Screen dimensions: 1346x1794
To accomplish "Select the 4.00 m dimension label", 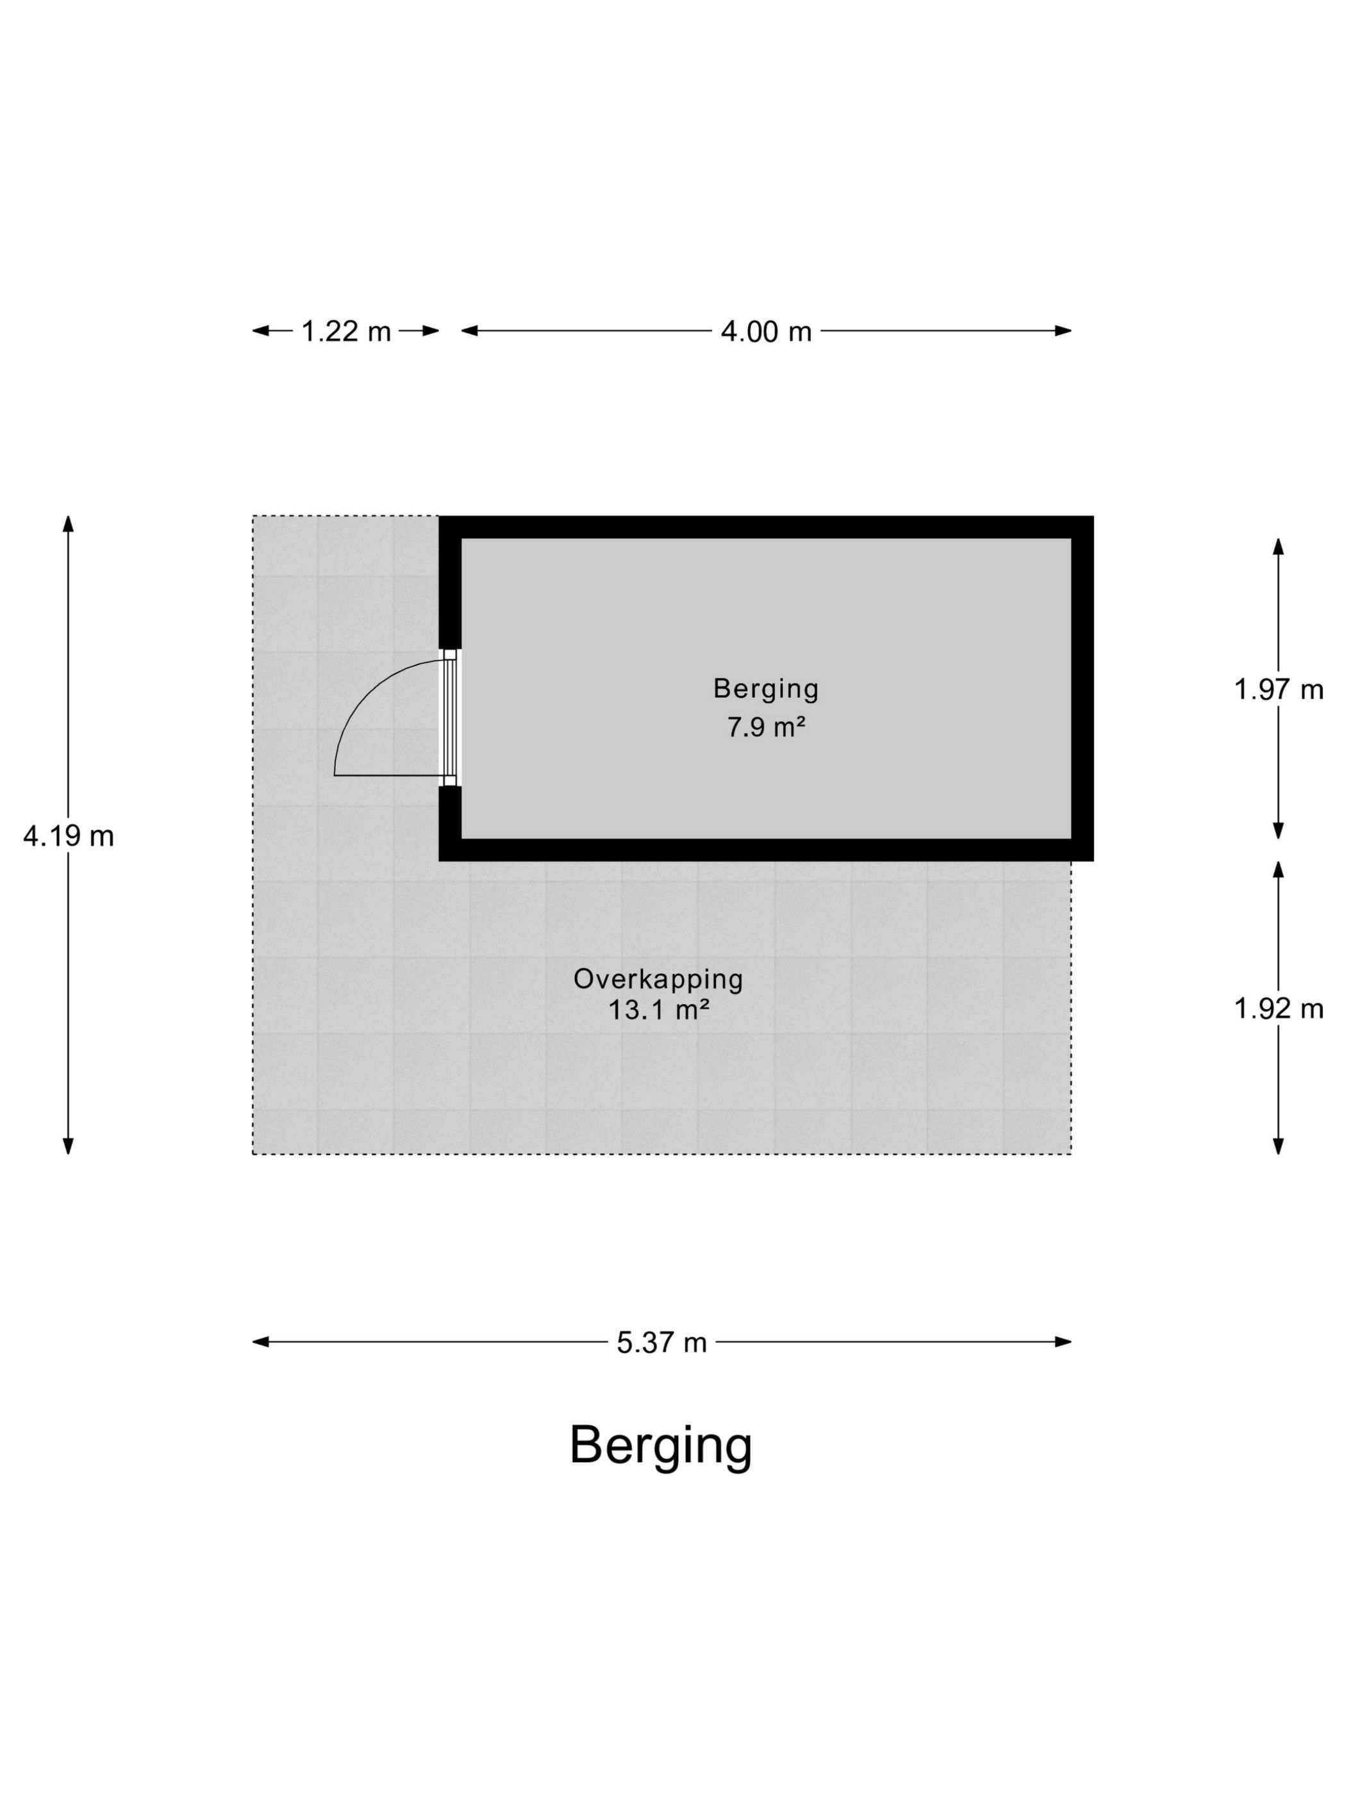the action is click(x=766, y=331).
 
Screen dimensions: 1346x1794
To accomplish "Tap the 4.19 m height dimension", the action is click(x=68, y=835).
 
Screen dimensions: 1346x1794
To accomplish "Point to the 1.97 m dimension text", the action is click(x=1278, y=689).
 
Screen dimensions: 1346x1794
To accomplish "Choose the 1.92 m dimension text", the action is click(x=1278, y=1008).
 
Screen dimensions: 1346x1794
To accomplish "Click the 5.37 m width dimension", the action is click(x=661, y=1342).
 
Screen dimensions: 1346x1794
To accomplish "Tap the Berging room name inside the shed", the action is click(x=766, y=689).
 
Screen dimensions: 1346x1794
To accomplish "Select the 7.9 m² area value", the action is click(x=766, y=727).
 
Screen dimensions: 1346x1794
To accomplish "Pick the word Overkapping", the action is click(x=658, y=979).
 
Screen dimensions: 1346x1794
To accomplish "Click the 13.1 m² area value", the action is click(x=658, y=1010).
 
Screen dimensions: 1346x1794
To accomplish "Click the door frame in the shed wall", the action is click(x=451, y=718).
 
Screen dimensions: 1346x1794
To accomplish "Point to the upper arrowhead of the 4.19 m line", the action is click(x=68, y=524).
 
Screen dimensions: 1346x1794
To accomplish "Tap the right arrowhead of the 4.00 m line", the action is click(x=1063, y=330).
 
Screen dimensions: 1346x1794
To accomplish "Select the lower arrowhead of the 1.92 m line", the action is click(x=1278, y=1145).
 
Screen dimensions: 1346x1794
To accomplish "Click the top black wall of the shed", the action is click(x=766, y=527).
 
